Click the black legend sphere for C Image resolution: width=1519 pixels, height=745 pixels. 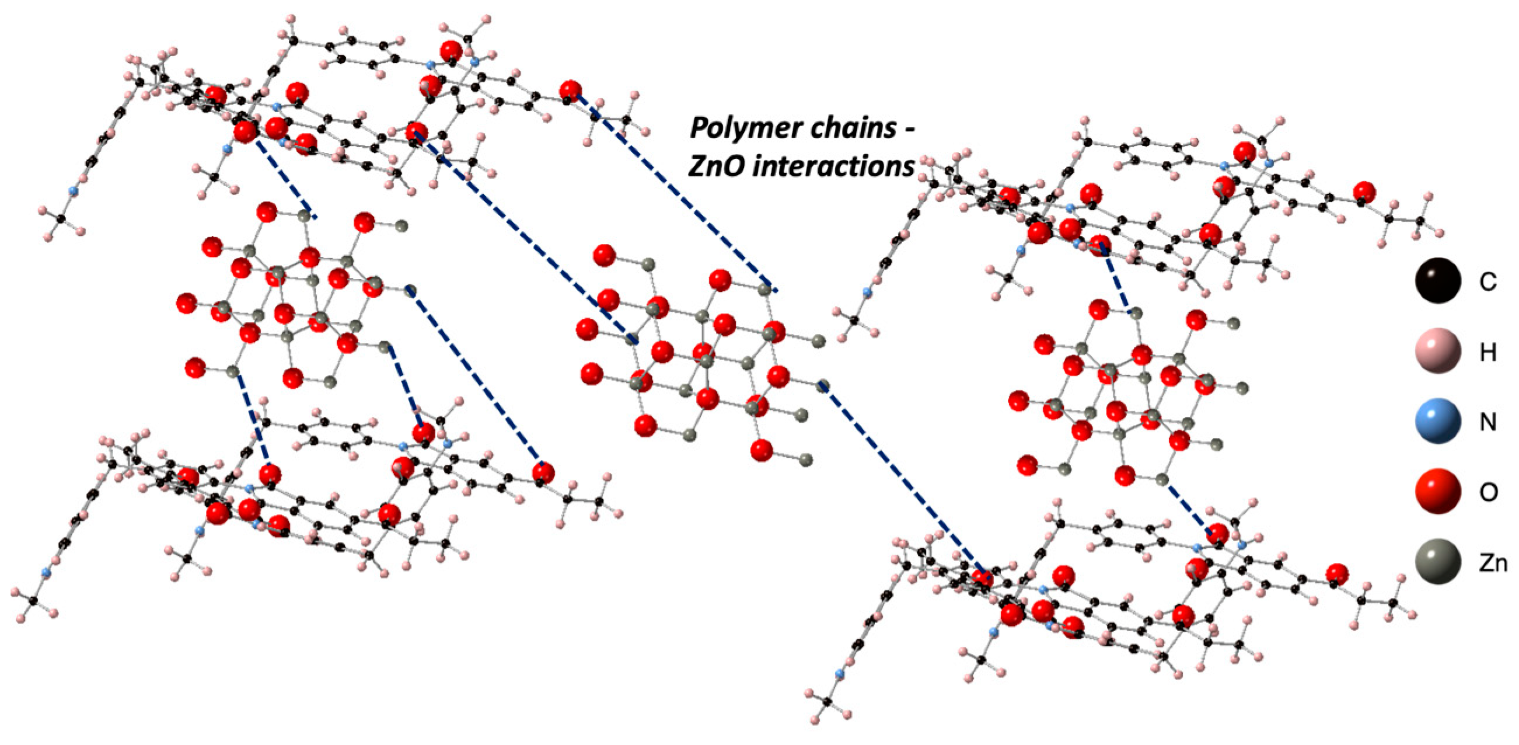coord(1438,281)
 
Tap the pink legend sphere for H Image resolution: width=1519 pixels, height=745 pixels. coord(1438,351)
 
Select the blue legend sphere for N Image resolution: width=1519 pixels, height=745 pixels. coord(1438,421)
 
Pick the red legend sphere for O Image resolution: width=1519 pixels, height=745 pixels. coord(1438,492)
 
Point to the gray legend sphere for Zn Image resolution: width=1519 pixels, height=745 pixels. coord(1438,562)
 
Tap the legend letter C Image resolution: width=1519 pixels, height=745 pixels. coord(1487,283)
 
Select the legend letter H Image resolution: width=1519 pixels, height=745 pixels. coord(1487,353)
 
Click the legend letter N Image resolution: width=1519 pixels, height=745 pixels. coord(1487,422)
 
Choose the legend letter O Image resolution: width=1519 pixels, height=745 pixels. coord(1487,493)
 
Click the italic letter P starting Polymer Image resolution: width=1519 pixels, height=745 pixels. coord(700,128)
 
